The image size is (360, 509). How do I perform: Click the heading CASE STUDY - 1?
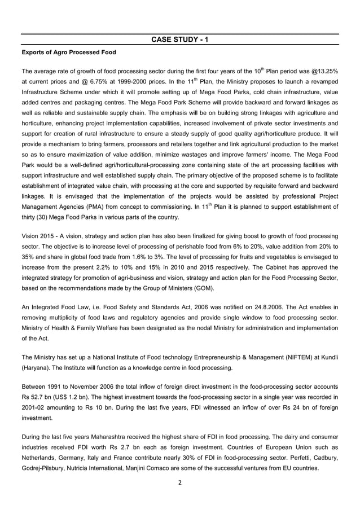[180, 40]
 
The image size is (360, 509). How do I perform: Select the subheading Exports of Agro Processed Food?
[68, 52]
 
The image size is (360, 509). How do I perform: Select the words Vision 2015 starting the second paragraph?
[39, 238]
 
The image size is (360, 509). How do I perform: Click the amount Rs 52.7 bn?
[38, 398]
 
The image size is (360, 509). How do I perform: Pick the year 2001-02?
[34, 407]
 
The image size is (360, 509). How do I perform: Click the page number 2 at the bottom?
[180, 484]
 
